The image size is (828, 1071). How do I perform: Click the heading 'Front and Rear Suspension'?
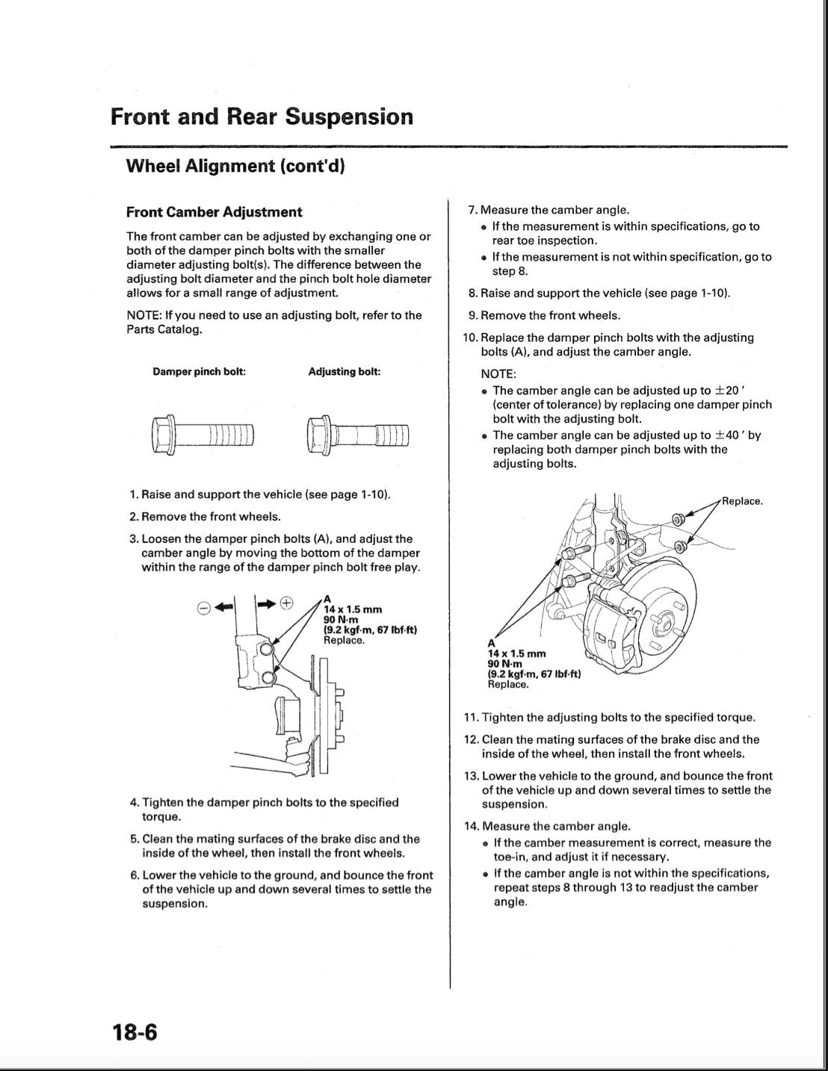[262, 117]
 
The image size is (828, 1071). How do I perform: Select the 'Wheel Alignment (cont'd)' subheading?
[235, 166]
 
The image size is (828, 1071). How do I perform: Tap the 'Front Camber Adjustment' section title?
[214, 212]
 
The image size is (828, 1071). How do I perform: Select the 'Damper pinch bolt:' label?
[200, 371]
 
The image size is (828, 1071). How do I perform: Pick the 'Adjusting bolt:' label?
[345, 371]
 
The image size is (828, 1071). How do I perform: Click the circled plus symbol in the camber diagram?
[287, 603]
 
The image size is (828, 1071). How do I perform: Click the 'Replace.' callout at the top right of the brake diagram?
[742, 501]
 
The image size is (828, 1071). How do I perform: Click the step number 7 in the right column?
[472, 211]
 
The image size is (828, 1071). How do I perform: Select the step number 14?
[471, 826]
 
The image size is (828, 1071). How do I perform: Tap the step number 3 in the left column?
[134, 538]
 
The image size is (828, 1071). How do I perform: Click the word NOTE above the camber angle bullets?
[498, 374]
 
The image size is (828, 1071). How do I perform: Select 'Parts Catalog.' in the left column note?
[164, 329]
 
